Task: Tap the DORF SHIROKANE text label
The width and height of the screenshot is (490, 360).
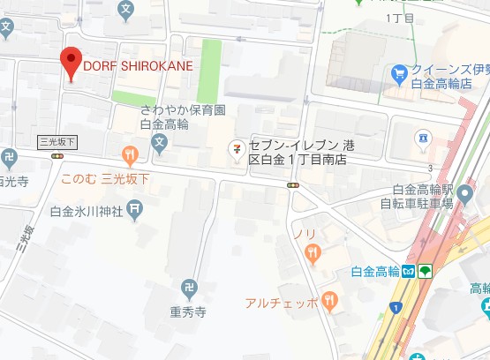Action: tap(138, 65)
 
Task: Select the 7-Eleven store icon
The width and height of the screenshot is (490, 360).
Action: tap(236, 147)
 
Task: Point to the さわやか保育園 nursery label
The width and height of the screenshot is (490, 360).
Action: tap(184, 110)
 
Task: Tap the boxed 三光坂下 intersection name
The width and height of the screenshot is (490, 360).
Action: tap(58, 141)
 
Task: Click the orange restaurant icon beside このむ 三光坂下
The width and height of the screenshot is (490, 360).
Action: tap(131, 157)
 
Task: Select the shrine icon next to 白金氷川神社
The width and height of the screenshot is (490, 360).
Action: tap(134, 209)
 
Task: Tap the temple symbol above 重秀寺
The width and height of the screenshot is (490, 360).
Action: tap(189, 288)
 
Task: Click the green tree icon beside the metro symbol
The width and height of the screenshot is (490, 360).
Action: tap(425, 271)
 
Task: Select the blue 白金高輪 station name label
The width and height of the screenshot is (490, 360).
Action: tap(375, 271)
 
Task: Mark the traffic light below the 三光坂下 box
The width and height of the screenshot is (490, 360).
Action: tap(58, 156)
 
